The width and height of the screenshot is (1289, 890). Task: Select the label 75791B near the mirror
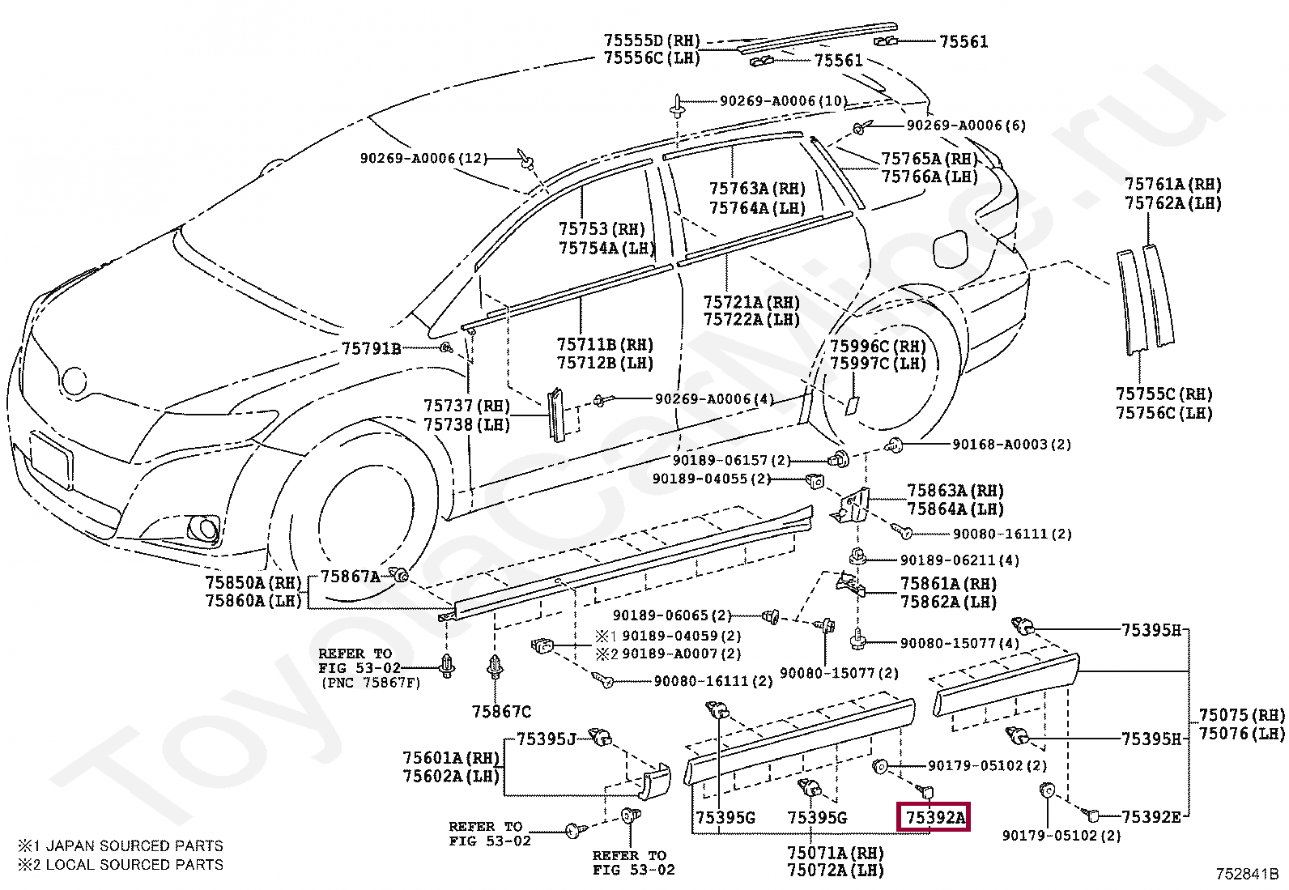tap(371, 348)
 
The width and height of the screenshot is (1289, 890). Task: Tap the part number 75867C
tap(501, 712)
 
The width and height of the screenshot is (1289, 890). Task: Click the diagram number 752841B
tap(1246, 873)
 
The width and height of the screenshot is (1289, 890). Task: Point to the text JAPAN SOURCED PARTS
tap(134, 845)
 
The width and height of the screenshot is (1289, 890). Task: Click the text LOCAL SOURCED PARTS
tap(134, 864)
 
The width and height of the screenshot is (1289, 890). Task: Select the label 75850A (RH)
tap(253, 582)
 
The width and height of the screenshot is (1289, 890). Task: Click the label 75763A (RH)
tap(757, 189)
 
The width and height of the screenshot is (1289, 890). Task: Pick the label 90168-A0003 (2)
tap(1011, 444)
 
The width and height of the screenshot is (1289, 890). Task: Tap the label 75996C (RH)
tap(878, 346)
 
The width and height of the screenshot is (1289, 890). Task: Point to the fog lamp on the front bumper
tap(204, 528)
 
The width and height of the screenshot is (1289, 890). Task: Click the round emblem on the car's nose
tap(74, 381)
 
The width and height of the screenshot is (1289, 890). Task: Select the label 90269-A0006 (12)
tap(423, 158)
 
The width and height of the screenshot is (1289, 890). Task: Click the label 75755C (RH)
tap(1164, 394)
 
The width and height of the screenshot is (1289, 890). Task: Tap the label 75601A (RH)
tap(451, 758)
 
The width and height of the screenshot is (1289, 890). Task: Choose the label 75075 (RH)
tap(1242, 714)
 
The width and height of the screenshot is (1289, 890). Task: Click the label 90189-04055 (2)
tap(711, 479)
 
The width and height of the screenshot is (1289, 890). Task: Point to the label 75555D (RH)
tap(652, 40)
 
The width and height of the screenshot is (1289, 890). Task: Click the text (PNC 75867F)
tap(371, 683)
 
